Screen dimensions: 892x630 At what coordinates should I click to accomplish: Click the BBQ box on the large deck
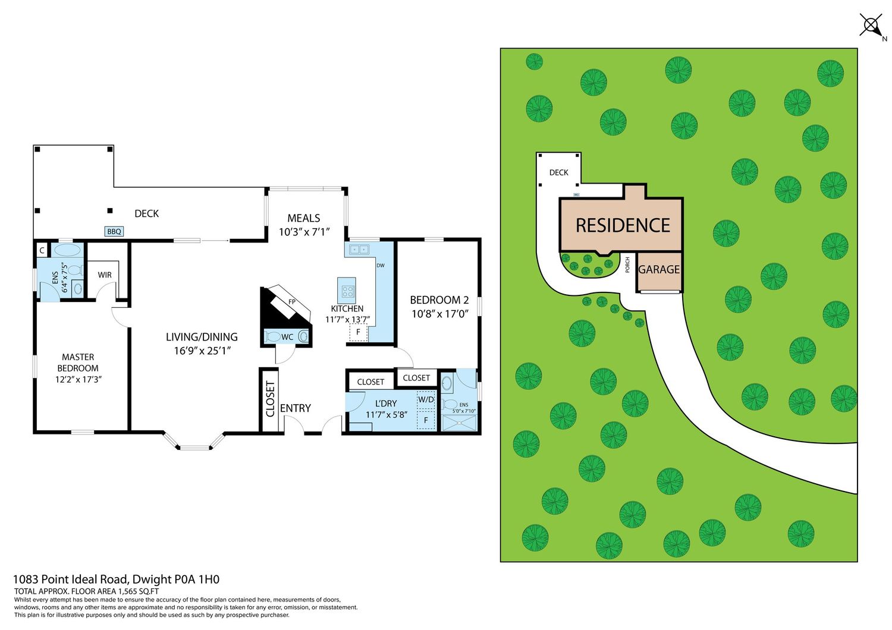click(114, 231)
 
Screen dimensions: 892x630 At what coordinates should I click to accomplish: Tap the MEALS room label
click(304, 218)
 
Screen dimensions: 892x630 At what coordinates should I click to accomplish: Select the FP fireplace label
click(292, 302)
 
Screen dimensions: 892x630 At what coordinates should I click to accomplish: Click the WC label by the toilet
click(287, 337)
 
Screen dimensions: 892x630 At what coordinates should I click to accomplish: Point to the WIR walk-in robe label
click(105, 275)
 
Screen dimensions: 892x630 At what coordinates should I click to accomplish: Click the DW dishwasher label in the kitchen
click(381, 266)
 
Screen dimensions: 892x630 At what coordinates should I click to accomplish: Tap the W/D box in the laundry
click(426, 399)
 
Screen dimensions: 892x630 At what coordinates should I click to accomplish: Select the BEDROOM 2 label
click(439, 300)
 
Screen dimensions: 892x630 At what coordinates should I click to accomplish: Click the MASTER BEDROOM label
click(78, 363)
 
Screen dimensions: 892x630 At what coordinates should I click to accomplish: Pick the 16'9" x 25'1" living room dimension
click(202, 351)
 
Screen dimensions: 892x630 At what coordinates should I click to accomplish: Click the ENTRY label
click(295, 408)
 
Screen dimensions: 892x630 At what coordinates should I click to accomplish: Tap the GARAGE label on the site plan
click(659, 269)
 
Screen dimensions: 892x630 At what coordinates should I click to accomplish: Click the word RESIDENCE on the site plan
click(623, 225)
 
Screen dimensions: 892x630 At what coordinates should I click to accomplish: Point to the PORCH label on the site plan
click(627, 264)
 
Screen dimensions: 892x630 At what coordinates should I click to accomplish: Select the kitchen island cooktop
click(347, 292)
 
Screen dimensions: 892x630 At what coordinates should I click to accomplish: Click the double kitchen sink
click(359, 250)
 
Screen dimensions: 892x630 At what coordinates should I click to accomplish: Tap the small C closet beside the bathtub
click(42, 251)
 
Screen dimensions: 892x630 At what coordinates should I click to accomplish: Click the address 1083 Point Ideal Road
click(71, 579)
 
